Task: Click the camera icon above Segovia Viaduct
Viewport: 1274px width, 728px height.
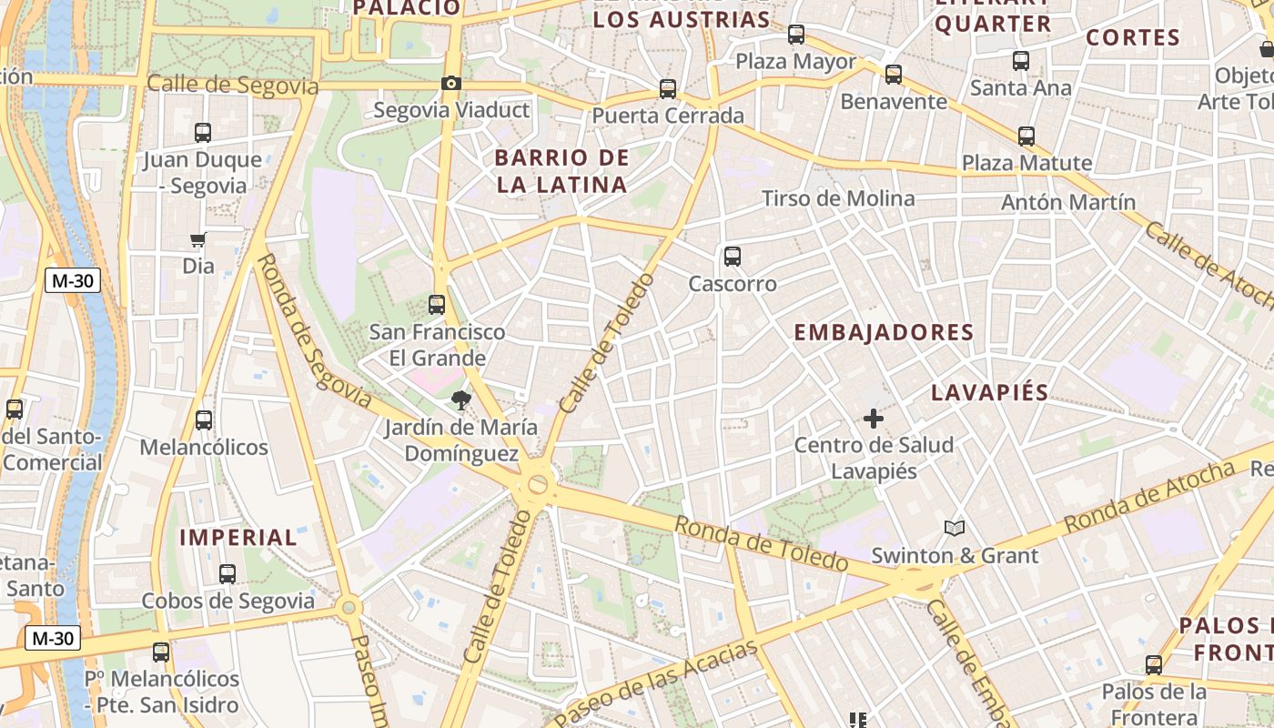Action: tap(450, 84)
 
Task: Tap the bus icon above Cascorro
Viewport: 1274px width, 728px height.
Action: tap(733, 257)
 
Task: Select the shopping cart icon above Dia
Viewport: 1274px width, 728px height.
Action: tap(198, 240)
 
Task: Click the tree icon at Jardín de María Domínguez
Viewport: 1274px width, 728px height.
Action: tap(461, 399)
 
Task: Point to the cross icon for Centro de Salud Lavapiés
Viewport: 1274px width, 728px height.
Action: tap(874, 419)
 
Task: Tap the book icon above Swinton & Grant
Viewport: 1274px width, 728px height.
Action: tap(954, 528)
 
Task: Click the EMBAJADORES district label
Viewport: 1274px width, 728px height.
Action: tap(884, 332)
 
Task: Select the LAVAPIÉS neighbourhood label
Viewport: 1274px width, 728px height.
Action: tap(990, 393)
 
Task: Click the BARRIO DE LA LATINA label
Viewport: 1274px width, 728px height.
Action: tap(562, 171)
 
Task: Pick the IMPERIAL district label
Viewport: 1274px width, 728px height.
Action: tap(238, 538)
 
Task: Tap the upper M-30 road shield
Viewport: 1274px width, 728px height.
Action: tap(73, 281)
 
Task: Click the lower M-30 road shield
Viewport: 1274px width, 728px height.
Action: tap(52, 639)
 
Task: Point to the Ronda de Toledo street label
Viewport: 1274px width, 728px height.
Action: tap(761, 543)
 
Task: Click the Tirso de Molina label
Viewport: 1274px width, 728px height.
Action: tap(838, 198)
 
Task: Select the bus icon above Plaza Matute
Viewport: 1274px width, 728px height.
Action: tap(1026, 136)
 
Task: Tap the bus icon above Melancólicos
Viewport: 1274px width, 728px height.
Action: tap(204, 420)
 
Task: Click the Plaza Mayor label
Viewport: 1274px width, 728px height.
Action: tap(796, 62)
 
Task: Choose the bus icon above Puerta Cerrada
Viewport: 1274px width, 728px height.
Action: tap(668, 89)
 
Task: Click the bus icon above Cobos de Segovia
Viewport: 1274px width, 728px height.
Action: tap(227, 574)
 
